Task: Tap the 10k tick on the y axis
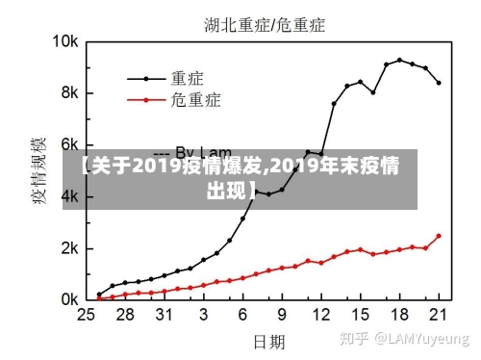click(x=64, y=42)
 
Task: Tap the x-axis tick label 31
click(x=164, y=315)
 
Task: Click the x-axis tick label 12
click(x=321, y=315)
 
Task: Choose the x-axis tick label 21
click(x=440, y=315)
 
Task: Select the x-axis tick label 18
click(x=400, y=315)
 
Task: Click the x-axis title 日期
click(x=268, y=341)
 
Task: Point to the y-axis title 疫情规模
click(x=39, y=173)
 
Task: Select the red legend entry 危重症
click(x=196, y=99)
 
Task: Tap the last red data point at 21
click(x=439, y=236)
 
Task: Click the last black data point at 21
click(x=439, y=83)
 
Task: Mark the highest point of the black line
click(x=399, y=60)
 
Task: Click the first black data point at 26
click(x=98, y=295)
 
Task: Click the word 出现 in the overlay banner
click(x=225, y=189)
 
